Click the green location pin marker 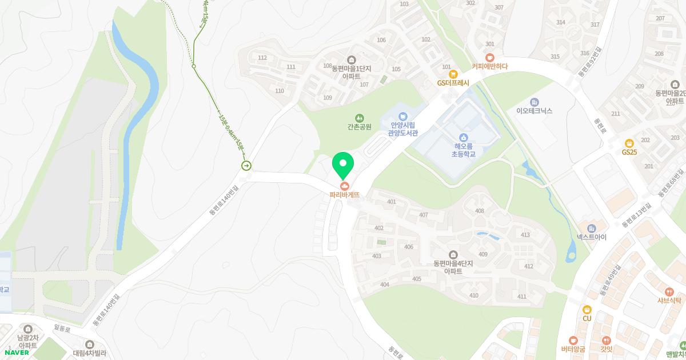(343, 164)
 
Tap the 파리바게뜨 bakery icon (344, 186)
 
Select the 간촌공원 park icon (359, 117)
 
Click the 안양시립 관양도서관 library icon (404, 116)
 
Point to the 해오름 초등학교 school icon (464, 137)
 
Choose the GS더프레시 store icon (453, 74)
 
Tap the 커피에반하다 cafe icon (489, 57)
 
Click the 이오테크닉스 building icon (534, 102)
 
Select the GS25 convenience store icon (629, 143)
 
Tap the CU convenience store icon (587, 309)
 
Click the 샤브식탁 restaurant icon (670, 291)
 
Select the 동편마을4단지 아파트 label (453, 267)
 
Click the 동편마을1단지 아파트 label (351, 71)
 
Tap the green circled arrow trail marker (246, 166)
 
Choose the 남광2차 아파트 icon (28, 329)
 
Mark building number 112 (262, 58)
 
